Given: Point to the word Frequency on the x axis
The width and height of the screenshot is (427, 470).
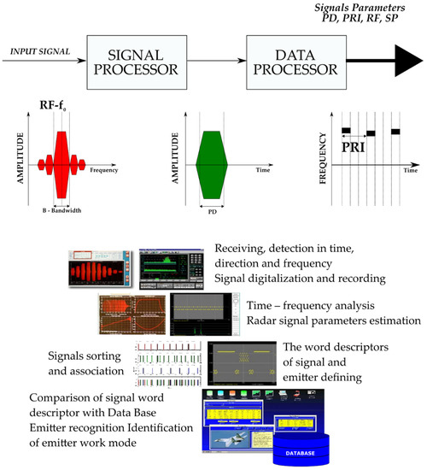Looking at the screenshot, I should coord(102,171).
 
